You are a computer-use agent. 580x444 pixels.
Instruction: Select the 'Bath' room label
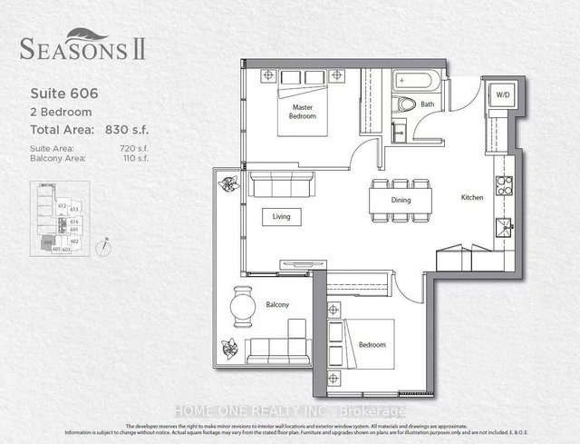tap(427, 105)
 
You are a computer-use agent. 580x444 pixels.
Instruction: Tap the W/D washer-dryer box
tap(500, 96)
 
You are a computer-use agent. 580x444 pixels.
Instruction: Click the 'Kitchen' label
tap(470, 197)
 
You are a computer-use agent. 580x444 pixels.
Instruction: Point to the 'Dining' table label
tap(401, 200)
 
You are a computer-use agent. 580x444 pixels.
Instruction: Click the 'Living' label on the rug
tap(278, 216)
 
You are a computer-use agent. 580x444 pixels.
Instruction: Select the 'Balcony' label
tap(276, 305)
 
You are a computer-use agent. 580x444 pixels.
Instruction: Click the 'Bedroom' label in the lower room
tap(372, 345)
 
